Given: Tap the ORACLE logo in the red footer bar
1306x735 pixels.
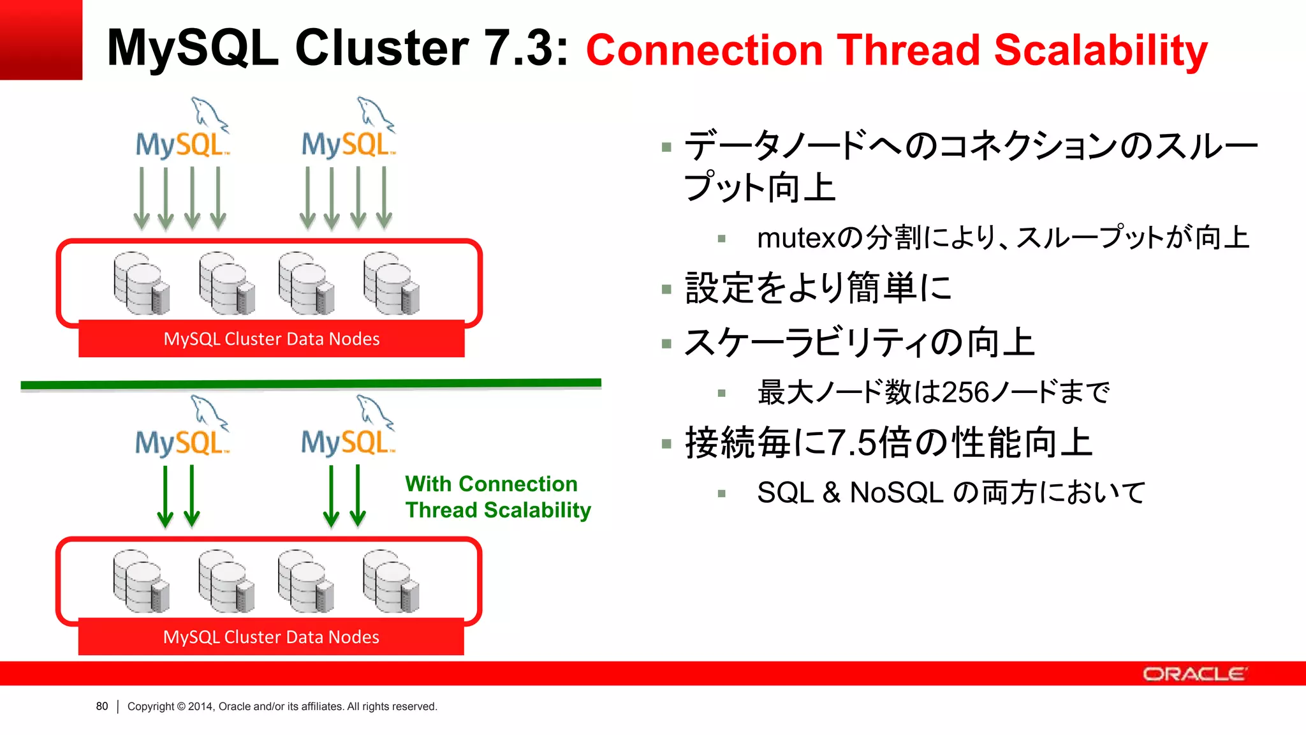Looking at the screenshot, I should (1194, 674).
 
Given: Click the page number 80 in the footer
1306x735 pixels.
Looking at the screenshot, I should (102, 706).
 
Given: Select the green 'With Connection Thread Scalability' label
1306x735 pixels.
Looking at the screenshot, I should (497, 497).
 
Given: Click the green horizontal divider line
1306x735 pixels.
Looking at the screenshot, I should (311, 384).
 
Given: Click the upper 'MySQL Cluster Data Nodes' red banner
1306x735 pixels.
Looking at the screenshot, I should (271, 339).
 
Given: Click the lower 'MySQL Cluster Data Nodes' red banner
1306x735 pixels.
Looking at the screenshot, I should (271, 637).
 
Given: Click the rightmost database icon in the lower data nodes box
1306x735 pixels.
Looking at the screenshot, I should (391, 581).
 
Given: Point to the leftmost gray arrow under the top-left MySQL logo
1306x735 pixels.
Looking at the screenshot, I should (142, 198).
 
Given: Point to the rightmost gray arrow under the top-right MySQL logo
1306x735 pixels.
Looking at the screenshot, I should (384, 198).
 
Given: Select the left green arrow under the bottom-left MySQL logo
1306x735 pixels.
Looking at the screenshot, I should (165, 496).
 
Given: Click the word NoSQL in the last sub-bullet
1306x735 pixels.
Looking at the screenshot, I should (896, 493).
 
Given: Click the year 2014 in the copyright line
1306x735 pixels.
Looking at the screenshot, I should (200, 706).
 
